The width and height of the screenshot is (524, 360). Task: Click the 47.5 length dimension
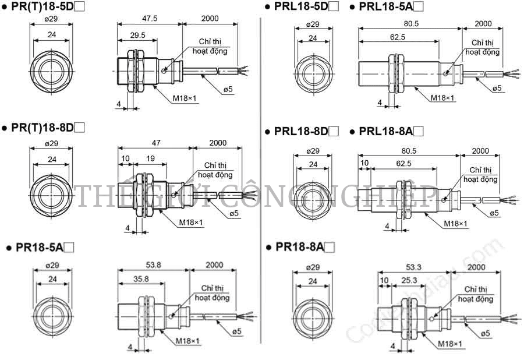click(x=150, y=19)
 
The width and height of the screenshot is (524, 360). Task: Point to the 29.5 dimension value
click(x=137, y=35)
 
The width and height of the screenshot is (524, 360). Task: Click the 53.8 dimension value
click(x=153, y=265)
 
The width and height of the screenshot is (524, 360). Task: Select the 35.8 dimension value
click(x=141, y=279)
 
